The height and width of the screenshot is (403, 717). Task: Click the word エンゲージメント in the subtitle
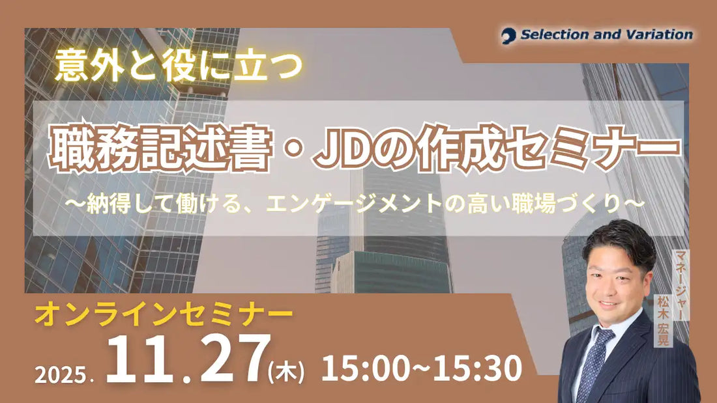(x=368, y=203)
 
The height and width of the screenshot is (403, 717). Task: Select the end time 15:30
(x=479, y=368)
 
